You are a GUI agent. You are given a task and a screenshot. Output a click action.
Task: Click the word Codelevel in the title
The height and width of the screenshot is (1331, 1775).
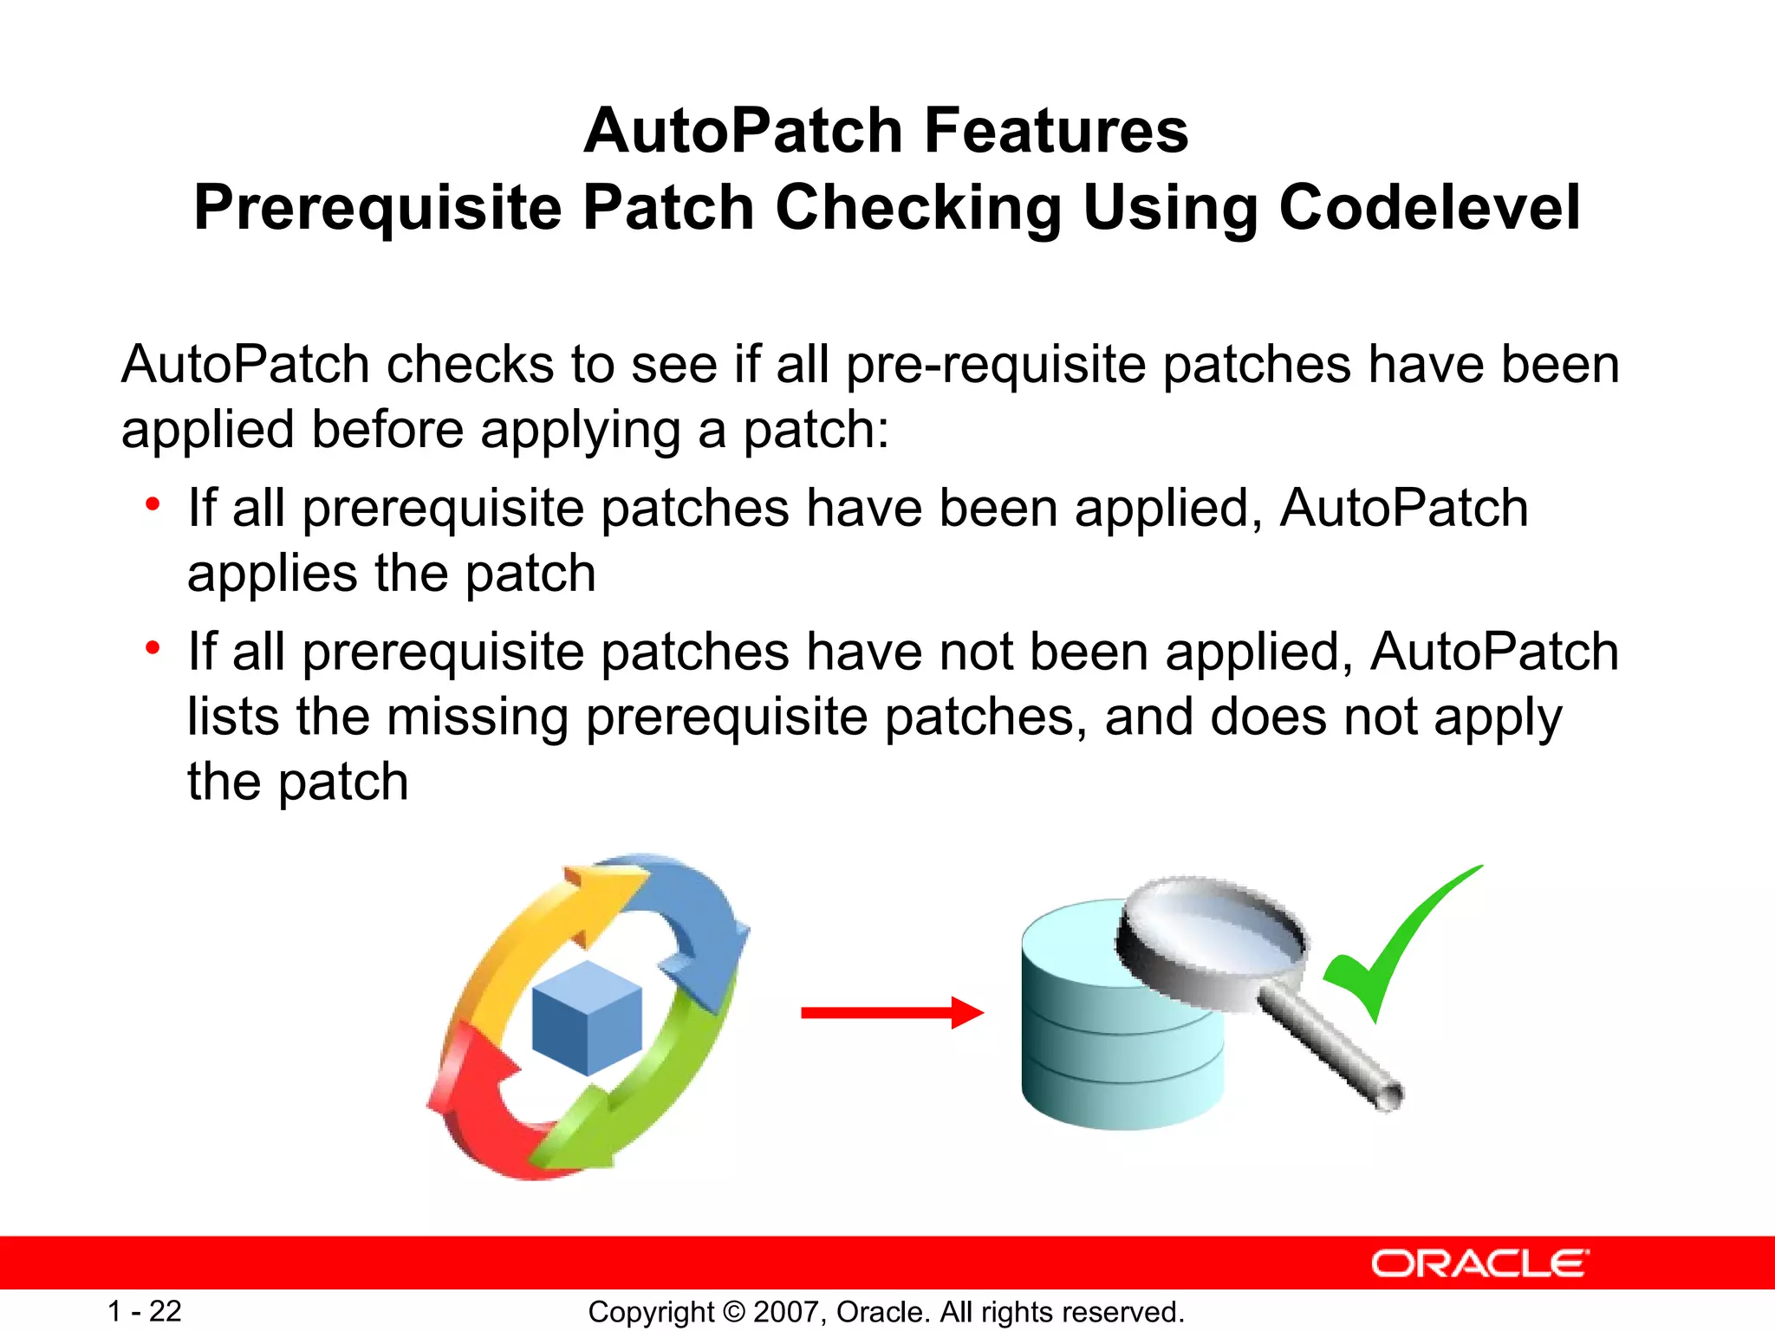1430,208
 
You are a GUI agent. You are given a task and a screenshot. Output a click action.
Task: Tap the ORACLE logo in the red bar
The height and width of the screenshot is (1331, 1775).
1479,1263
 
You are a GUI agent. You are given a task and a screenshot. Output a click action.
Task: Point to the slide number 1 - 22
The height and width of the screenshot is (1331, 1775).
144,1311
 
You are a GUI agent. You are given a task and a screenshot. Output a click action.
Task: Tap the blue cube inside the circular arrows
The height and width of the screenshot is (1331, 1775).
587,1018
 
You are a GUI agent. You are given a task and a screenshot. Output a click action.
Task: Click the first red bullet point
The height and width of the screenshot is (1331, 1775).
153,503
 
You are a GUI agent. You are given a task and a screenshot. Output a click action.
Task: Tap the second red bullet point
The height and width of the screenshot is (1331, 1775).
153,647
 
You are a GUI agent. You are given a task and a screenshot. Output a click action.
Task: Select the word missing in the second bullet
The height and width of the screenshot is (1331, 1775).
477,717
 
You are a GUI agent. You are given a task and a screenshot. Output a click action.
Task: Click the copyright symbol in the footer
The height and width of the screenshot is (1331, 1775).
733,1312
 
